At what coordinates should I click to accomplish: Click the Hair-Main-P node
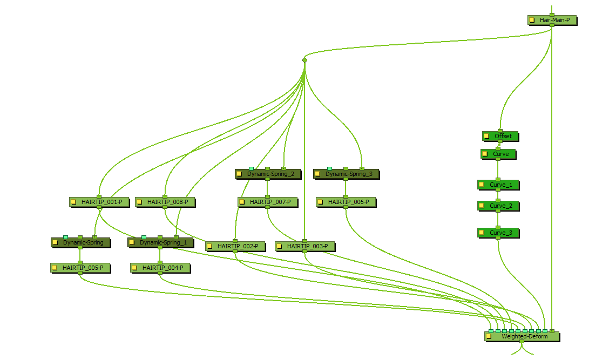click(552, 20)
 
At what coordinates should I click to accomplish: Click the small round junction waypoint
click(304, 60)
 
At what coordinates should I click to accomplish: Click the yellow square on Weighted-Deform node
click(489, 336)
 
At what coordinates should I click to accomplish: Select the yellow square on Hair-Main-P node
click(532, 20)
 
